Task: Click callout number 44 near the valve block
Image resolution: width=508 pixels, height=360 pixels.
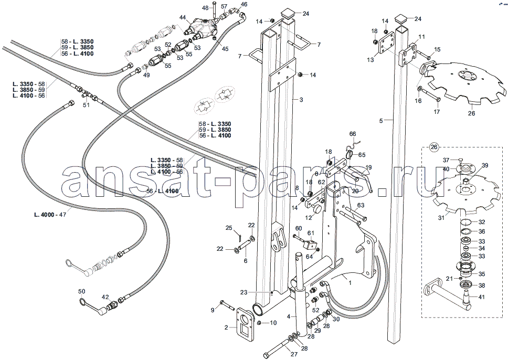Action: pos(183,17)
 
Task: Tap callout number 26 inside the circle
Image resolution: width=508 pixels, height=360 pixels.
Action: pos(434,147)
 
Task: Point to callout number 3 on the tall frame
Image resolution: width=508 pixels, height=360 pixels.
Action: pos(301,100)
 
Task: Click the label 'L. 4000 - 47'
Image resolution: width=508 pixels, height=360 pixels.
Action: pos(50,215)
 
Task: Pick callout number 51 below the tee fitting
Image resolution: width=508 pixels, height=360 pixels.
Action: pos(86,105)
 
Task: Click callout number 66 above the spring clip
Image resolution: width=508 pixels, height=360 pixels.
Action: pos(353,134)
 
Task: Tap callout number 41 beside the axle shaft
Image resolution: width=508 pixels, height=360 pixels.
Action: pos(481,297)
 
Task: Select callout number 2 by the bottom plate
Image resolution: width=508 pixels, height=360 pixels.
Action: pos(227,327)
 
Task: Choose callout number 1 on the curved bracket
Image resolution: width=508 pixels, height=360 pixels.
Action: pos(350,282)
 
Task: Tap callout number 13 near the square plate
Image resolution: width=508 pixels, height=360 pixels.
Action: pos(371,60)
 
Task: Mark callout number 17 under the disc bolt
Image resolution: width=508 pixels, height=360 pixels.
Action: pos(437,112)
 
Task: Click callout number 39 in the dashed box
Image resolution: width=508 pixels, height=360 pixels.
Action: pos(485,166)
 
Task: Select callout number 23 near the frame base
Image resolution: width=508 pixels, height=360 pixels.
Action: pos(244,292)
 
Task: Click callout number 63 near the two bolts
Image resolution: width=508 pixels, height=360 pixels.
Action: pos(361,205)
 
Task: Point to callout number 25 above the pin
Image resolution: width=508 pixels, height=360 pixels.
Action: pos(229,228)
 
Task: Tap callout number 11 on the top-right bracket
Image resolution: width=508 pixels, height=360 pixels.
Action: pos(421,37)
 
